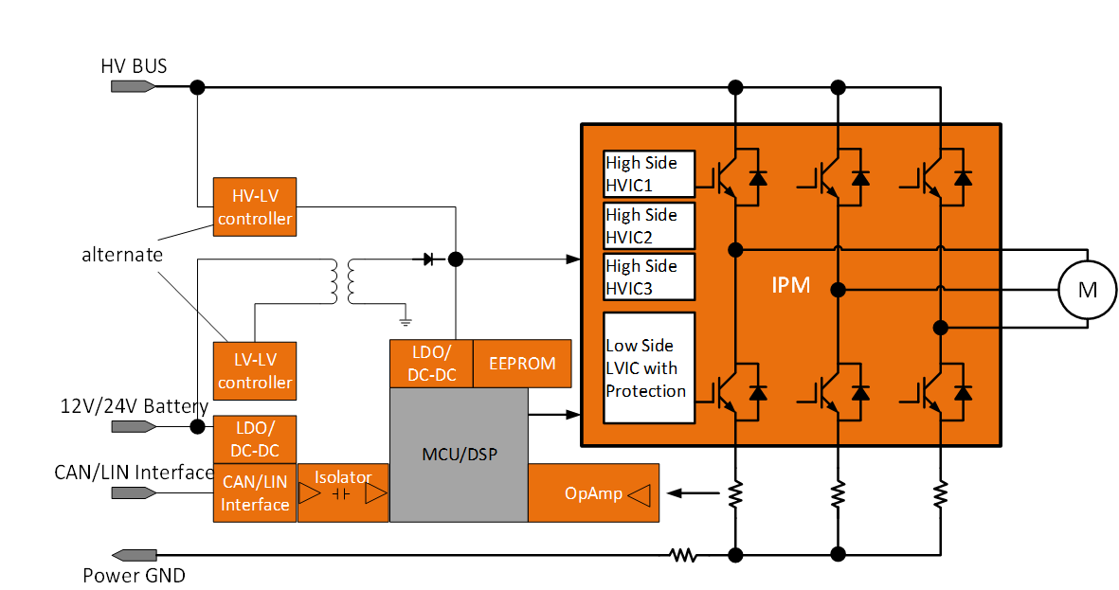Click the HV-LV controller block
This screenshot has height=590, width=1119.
254,206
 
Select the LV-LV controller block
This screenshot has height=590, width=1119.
254,370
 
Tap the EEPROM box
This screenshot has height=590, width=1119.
522,364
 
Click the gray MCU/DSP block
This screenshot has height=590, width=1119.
459,455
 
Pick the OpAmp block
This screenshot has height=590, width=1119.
593,492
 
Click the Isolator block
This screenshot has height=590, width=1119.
343,492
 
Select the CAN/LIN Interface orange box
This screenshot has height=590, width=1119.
255,492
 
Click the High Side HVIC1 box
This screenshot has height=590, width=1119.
649,173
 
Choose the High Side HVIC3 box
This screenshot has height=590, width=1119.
649,277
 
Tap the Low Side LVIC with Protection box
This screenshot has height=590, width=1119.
649,367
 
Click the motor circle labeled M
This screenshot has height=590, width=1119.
1087,289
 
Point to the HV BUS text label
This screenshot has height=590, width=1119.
134,66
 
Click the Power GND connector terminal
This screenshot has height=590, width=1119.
134,554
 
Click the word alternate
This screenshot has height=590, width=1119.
122,255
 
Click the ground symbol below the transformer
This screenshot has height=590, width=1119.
405,321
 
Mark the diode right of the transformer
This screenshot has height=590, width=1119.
428,258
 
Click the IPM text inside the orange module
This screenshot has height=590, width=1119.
790,285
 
